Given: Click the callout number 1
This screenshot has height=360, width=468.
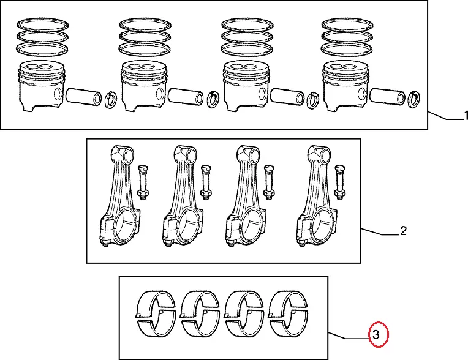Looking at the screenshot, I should (x=465, y=116).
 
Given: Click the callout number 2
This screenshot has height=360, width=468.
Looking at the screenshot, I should (x=402, y=231).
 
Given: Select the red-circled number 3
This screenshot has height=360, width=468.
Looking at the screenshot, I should (x=377, y=334).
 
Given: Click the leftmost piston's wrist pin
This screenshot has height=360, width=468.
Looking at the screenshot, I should (x=82, y=96).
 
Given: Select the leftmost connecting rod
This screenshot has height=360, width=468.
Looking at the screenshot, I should (x=119, y=196).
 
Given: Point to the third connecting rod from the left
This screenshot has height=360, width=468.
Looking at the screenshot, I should (x=245, y=196).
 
